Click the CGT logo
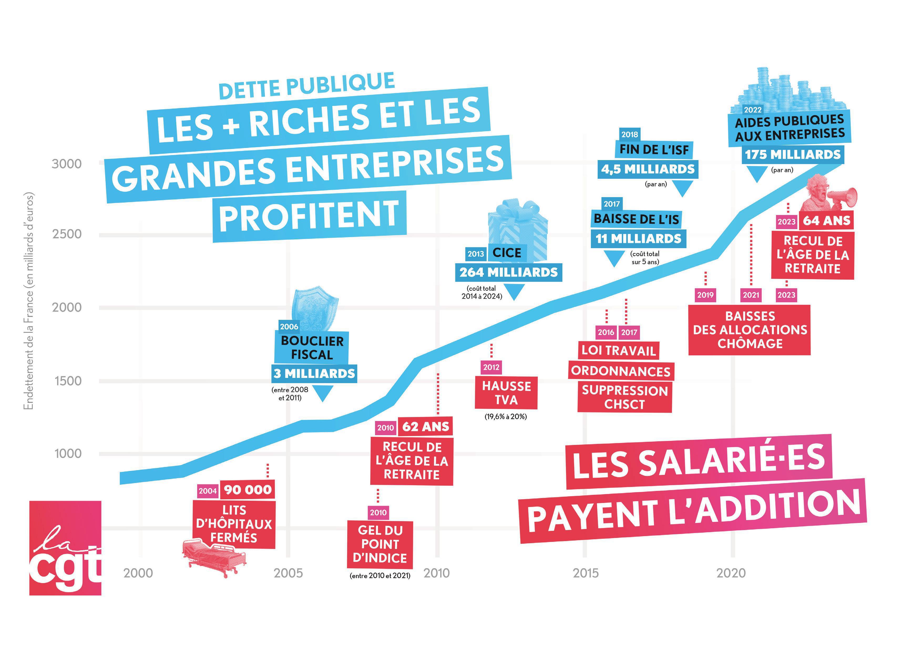coord(65,548)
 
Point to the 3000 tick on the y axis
coord(66,164)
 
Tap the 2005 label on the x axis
coord(288,573)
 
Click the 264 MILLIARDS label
coord(508,273)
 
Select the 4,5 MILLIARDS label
coord(647,170)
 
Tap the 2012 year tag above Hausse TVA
coord(491,367)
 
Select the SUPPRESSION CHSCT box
coord(624,397)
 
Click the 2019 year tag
coord(705,295)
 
